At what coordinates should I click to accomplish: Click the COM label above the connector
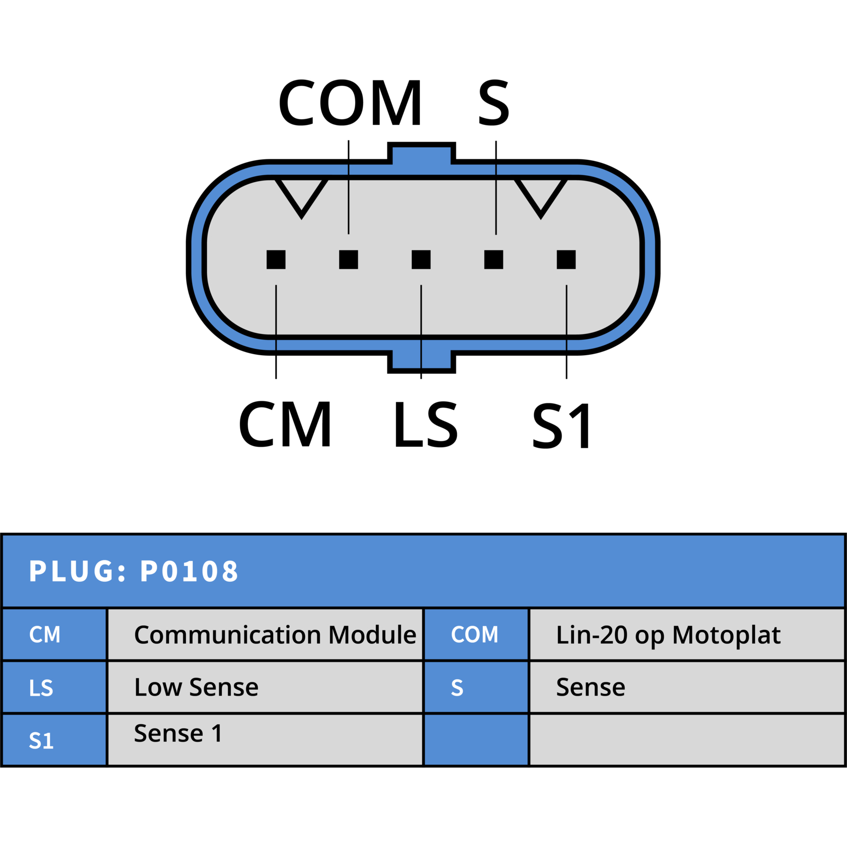(350, 103)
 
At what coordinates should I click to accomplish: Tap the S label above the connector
(494, 103)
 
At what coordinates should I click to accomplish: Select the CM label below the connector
(285, 424)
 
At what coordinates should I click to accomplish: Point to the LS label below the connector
(426, 424)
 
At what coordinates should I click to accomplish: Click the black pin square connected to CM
(276, 259)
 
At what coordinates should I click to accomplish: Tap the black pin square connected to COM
(348, 259)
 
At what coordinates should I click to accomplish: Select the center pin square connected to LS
(421, 259)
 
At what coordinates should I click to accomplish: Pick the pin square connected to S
(493, 259)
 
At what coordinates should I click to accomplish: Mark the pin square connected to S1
(566, 259)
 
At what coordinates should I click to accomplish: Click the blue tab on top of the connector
(421, 153)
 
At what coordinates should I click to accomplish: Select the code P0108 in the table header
(189, 571)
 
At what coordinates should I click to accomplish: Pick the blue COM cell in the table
(476, 634)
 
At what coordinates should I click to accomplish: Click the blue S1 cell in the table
(54, 740)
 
